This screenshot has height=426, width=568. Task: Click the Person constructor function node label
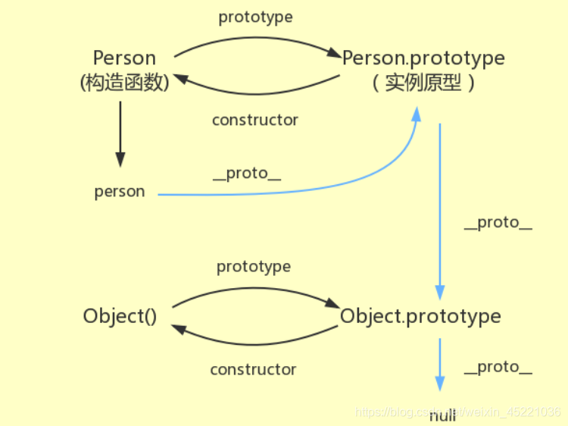(x=124, y=58)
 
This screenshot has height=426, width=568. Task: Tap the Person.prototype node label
(x=423, y=58)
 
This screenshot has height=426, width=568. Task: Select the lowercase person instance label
(x=120, y=192)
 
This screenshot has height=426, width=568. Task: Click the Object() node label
(x=120, y=316)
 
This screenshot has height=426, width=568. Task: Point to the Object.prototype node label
(x=420, y=316)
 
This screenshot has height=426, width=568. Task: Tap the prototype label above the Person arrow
(x=255, y=17)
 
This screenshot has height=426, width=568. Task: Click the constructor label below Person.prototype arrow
(x=255, y=120)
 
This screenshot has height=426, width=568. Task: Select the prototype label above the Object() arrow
(x=254, y=267)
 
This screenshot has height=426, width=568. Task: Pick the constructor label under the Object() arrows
(x=253, y=369)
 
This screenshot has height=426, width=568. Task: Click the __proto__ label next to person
(x=247, y=174)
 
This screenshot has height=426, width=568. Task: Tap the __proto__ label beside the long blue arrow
(x=498, y=223)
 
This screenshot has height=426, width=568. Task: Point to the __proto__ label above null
(x=498, y=367)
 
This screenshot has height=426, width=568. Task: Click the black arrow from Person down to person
(x=120, y=133)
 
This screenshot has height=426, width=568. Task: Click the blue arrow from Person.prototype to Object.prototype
(x=440, y=212)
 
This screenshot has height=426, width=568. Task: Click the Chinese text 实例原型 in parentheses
(x=423, y=83)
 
